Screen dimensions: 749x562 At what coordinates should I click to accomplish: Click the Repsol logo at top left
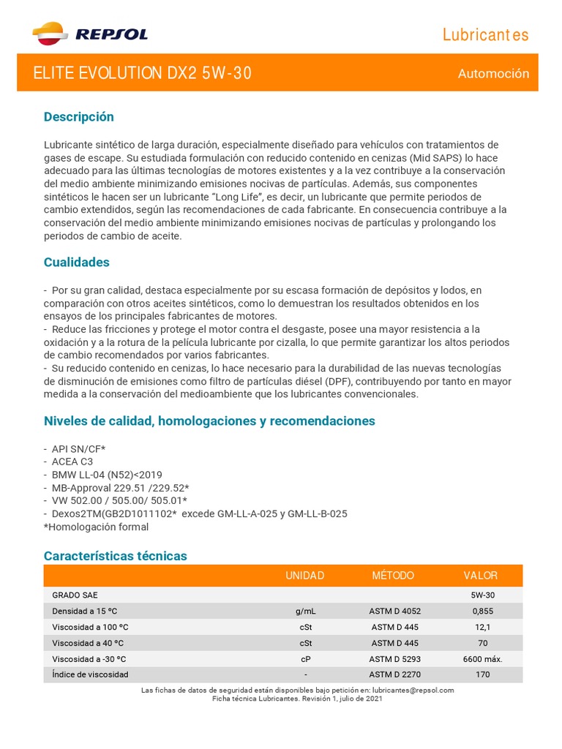point(90,34)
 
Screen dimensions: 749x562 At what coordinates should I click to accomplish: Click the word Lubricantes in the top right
point(485,35)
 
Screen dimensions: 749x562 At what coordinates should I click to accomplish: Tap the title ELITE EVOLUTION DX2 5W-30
point(143,73)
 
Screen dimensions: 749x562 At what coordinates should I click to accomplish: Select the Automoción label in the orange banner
point(493,74)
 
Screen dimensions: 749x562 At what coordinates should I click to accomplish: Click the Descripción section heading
point(79,117)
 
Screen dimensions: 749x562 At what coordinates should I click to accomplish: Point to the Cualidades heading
point(77,262)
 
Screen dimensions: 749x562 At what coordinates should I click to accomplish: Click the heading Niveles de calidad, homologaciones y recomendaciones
point(209,421)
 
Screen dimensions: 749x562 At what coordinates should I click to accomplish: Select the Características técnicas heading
point(116,556)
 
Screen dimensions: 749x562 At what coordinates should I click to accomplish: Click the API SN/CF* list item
point(78,448)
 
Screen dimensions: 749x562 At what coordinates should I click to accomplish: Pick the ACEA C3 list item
point(72,462)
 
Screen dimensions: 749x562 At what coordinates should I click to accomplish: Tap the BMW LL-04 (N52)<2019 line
point(107,475)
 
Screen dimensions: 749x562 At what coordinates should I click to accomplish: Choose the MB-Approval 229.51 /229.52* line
point(121,488)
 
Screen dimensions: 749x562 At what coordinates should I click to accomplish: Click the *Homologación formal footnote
point(96,527)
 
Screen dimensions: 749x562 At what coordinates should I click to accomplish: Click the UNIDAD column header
point(305,576)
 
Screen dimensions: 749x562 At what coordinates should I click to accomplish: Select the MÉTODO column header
point(393,576)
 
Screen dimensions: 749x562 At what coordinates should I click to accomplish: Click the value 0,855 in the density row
point(482,611)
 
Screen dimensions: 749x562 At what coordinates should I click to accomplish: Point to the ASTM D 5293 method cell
point(394,658)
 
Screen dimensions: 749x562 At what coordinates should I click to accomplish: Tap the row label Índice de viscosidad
point(90,674)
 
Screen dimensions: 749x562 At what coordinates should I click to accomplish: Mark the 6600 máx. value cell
point(482,658)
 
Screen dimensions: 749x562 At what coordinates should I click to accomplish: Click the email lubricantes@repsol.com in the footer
point(413,690)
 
